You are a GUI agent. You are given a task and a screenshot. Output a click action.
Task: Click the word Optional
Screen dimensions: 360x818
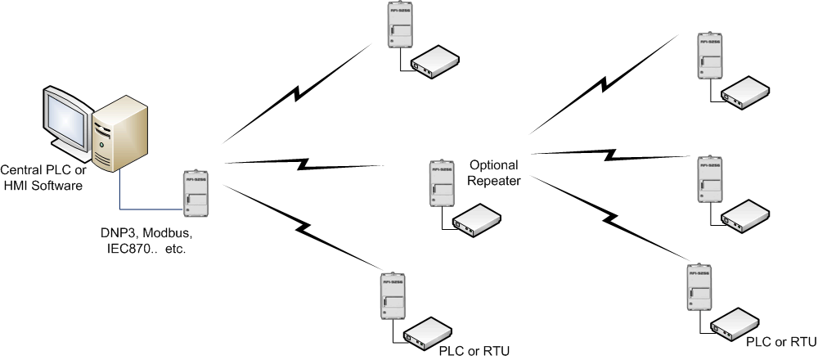(x=493, y=165)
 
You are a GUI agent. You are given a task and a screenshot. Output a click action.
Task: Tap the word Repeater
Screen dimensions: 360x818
(x=493, y=181)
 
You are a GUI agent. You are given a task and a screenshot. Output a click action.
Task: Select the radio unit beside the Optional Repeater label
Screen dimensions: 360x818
(x=439, y=184)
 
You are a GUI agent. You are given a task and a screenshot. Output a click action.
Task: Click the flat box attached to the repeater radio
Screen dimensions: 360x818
(x=478, y=218)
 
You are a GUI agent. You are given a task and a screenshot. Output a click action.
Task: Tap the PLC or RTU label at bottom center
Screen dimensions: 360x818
(x=474, y=351)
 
